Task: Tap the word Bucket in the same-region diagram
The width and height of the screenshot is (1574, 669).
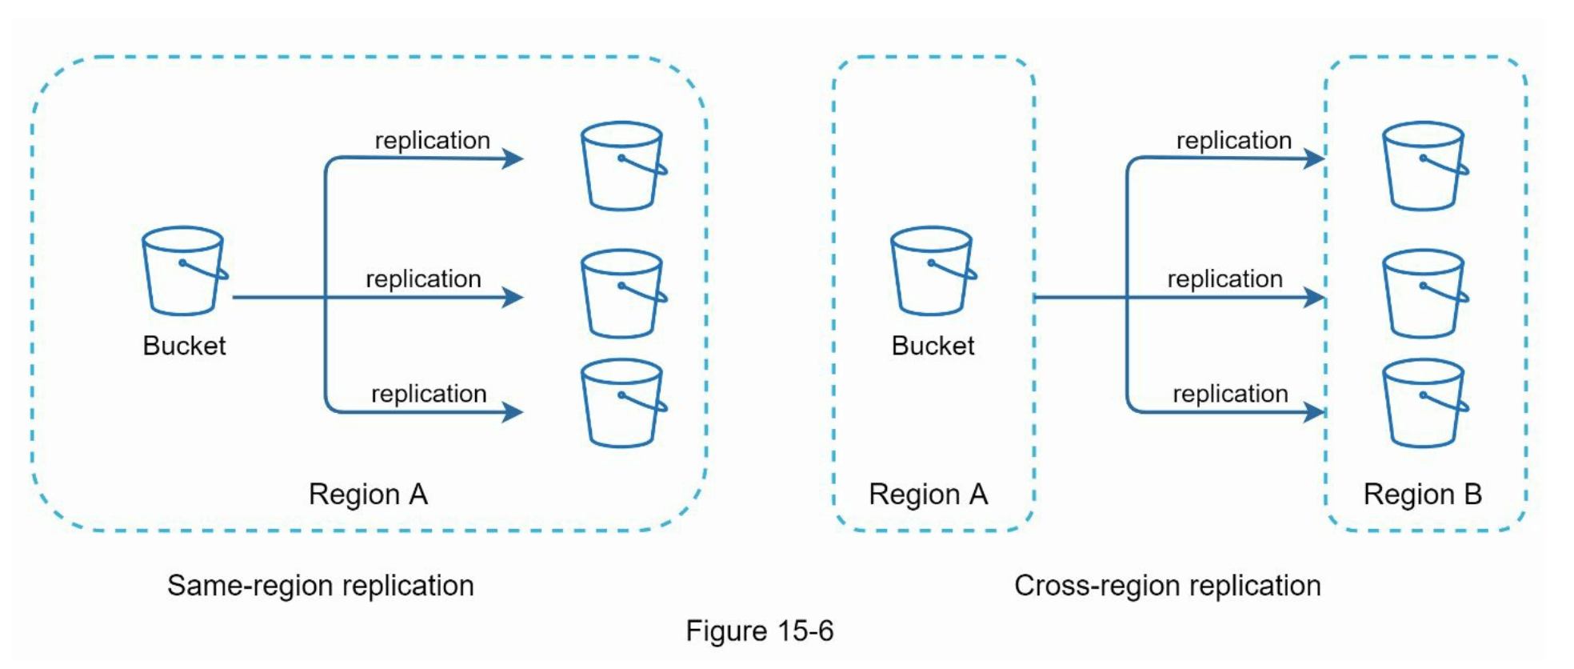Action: [184, 346]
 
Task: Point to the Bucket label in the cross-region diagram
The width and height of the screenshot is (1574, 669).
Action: [933, 346]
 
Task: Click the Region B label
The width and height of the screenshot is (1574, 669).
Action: [1422, 495]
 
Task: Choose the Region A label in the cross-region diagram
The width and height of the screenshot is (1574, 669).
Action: [928, 495]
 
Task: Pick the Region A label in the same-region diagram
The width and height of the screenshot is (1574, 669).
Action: [368, 495]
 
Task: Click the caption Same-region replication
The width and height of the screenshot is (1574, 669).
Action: [320, 586]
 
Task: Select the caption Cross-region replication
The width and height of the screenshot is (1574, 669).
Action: [1167, 586]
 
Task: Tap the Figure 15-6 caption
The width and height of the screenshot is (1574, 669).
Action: [759, 631]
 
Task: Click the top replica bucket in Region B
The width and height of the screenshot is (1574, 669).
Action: [1424, 166]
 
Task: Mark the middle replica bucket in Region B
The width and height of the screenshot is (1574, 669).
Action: [1424, 294]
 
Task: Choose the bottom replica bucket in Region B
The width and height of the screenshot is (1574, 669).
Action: [1424, 403]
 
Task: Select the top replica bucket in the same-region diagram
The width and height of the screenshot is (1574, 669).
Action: [623, 166]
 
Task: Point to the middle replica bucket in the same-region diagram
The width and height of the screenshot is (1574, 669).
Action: [623, 294]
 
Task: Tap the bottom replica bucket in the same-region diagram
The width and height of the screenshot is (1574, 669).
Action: [623, 403]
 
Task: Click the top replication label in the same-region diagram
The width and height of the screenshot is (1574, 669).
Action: [432, 140]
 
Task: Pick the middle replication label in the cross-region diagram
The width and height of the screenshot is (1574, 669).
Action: [1224, 278]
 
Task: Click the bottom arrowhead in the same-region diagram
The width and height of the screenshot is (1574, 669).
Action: [513, 412]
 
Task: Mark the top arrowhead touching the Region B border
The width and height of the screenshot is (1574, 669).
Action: [1314, 158]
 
